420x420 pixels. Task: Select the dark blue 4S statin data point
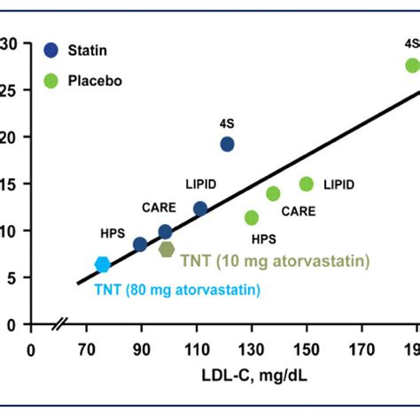(227, 144)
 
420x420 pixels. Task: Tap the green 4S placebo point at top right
(412, 66)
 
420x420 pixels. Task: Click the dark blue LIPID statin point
(200, 209)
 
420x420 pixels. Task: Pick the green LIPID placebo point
(307, 184)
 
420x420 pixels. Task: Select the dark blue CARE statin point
(165, 232)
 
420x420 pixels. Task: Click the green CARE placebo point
(273, 194)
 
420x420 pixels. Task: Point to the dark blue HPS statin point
(140, 245)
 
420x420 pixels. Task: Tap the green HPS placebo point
(252, 217)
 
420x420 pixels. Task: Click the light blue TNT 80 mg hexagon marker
(103, 264)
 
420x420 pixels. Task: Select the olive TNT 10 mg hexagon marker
(167, 249)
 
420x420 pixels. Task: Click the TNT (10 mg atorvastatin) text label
(275, 261)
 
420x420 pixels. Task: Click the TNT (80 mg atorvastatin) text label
(177, 290)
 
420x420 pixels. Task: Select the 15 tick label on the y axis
(11, 183)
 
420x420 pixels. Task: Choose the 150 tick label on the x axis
(306, 349)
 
